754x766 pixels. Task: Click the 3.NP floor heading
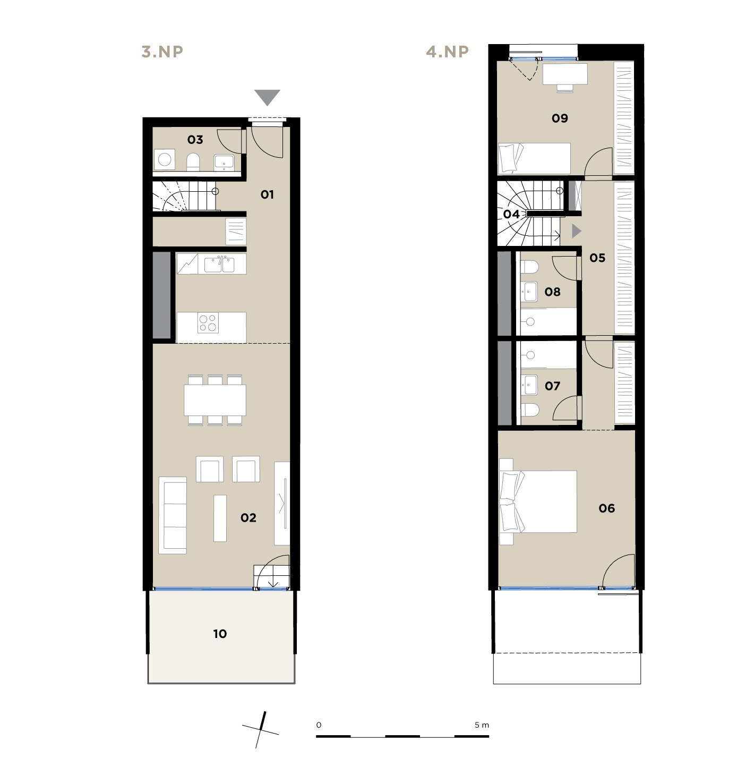(x=162, y=52)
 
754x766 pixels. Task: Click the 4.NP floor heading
(x=447, y=52)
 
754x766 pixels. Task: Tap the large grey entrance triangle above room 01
(x=267, y=97)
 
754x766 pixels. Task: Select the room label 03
(x=195, y=140)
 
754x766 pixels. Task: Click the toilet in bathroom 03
(x=193, y=162)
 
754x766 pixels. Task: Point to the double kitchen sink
(x=219, y=265)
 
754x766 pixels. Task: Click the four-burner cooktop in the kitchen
(x=208, y=323)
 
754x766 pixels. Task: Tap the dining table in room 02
(x=215, y=400)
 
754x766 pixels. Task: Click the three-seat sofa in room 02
(x=173, y=515)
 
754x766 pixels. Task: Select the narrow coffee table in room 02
(x=220, y=518)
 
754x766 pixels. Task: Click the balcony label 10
(x=220, y=634)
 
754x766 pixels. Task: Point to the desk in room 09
(x=565, y=74)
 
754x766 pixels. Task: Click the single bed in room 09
(x=534, y=158)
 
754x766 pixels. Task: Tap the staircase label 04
(x=511, y=214)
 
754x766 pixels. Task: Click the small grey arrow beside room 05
(x=576, y=231)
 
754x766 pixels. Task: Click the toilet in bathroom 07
(x=530, y=410)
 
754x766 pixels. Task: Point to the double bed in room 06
(x=538, y=501)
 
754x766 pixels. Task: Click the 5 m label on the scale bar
(x=482, y=725)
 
